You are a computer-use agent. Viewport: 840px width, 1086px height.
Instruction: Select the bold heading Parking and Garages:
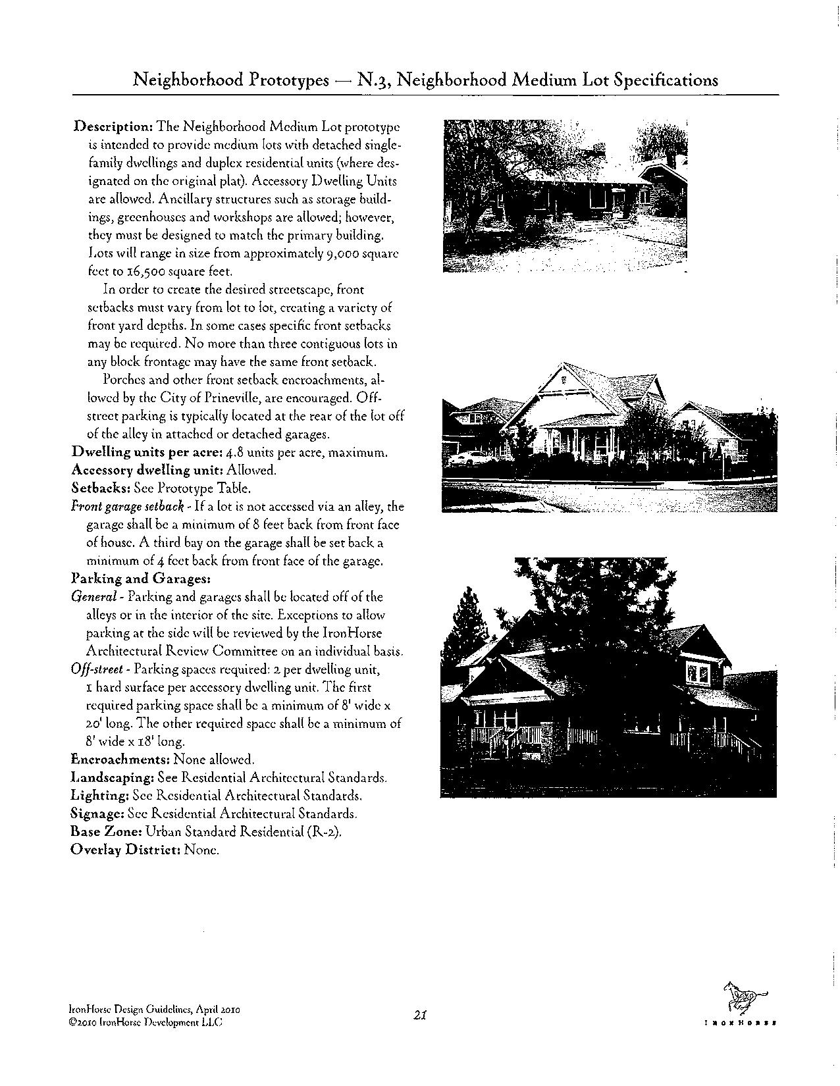[x=140, y=579]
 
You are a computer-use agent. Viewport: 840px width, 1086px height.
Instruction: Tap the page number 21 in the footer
[x=421, y=1015]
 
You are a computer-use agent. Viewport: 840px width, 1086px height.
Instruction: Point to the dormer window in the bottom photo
[x=696, y=673]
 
